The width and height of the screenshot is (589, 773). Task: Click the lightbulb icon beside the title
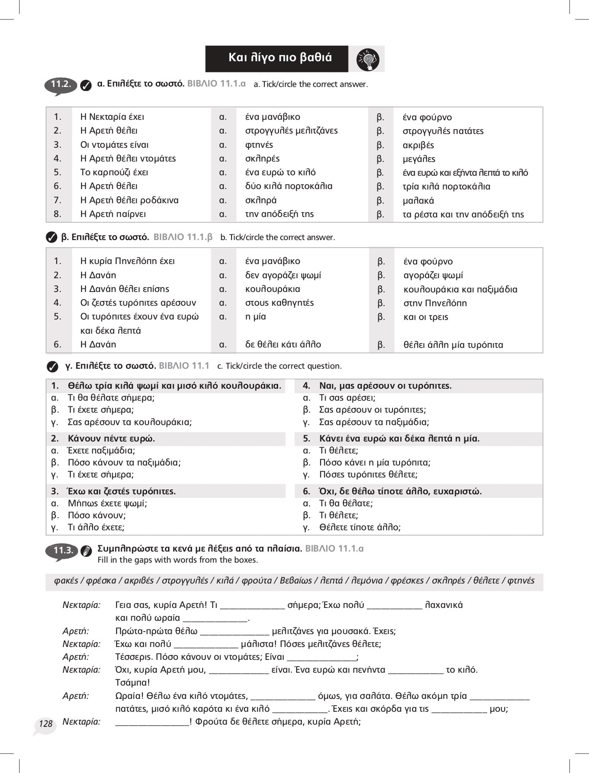coord(368,59)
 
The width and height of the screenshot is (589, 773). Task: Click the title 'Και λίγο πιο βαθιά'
coord(280,58)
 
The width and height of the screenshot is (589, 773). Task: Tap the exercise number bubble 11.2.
coord(61,84)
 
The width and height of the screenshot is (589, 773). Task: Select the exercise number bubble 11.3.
coord(63,551)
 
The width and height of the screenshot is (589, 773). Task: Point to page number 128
coord(46,724)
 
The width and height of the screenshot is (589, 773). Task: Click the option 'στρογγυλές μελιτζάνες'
coord(291,130)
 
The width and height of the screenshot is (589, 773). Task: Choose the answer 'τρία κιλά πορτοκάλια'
coord(446,186)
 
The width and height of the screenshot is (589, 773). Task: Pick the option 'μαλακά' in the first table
coord(418,201)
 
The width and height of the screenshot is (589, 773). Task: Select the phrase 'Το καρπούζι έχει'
coord(114,172)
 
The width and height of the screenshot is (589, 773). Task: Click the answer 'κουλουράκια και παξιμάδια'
coord(460,289)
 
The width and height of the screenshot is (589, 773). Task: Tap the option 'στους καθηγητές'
coord(279,303)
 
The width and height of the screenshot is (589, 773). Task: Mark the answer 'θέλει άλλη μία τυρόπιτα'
coord(453,345)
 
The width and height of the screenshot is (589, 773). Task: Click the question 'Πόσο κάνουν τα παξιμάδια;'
coord(124,462)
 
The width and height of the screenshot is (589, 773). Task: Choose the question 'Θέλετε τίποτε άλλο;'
coord(360,527)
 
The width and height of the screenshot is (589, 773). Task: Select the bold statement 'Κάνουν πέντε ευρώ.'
coord(111,438)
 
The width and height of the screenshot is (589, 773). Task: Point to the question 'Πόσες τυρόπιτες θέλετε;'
coord(368,474)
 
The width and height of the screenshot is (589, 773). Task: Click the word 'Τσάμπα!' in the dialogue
coord(132,682)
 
